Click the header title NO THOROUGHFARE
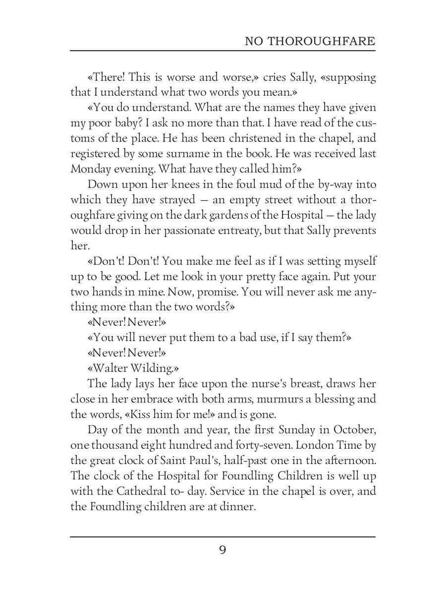[x=310, y=41]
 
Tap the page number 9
[x=223, y=550]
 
